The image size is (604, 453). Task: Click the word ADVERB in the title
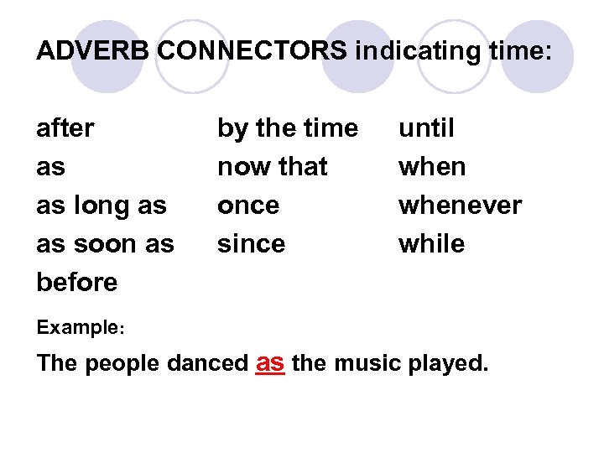click(93, 51)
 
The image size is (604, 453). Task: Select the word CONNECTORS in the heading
click(252, 51)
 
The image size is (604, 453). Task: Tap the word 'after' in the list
click(65, 128)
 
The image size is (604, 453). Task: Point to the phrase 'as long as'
click(102, 206)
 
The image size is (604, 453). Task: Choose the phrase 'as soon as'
click(105, 244)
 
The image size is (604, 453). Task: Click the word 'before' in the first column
click(77, 282)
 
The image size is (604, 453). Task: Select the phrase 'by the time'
click(288, 128)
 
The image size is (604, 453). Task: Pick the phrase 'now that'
click(273, 167)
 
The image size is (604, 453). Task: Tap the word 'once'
click(248, 206)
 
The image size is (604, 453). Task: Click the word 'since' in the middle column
click(252, 244)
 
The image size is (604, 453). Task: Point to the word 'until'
click(426, 128)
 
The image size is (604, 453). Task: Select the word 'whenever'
click(460, 206)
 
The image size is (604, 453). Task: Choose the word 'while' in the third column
click(431, 244)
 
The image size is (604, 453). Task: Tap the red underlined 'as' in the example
click(270, 362)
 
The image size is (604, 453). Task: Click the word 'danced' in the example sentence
click(207, 364)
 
